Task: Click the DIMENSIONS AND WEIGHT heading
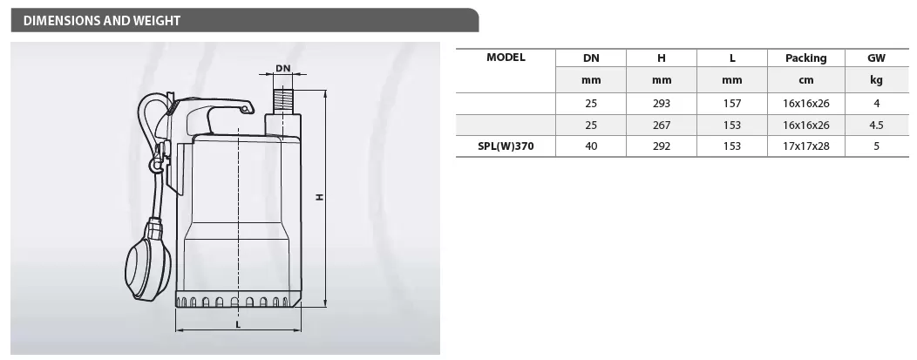click(x=102, y=21)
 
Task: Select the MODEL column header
click(x=506, y=58)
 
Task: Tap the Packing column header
click(x=806, y=58)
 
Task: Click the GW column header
click(x=877, y=58)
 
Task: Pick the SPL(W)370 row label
click(x=506, y=146)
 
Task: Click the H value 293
click(x=662, y=104)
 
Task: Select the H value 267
click(x=662, y=125)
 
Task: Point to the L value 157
click(x=731, y=104)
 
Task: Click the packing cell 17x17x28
click(x=806, y=146)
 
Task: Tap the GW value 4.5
click(x=877, y=125)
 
